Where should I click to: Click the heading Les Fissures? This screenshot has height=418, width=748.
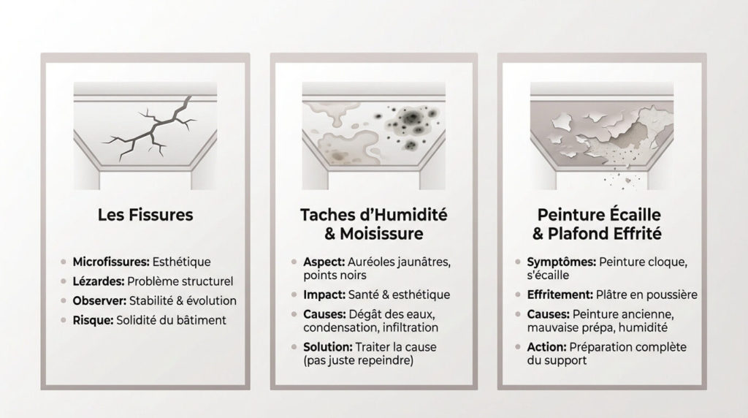[x=145, y=215]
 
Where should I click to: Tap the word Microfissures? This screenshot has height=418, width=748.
[x=111, y=262]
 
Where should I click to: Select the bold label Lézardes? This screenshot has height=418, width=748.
[x=99, y=281]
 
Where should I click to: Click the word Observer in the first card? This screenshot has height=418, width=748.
[x=99, y=300]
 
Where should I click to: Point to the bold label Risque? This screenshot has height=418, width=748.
[x=93, y=320]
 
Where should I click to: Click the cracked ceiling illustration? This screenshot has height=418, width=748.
[x=145, y=135]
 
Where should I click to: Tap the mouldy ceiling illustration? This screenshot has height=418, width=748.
[x=374, y=135]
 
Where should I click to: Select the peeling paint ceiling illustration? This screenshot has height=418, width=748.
[x=602, y=135]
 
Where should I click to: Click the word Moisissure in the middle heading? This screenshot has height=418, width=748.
[x=381, y=234]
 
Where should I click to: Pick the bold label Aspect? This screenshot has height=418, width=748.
[x=324, y=262]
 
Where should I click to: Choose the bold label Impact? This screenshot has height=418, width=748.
[x=324, y=295]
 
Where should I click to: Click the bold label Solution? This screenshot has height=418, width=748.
[x=328, y=347]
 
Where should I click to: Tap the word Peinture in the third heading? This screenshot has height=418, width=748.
[x=565, y=215]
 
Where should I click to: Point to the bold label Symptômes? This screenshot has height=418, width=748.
[x=562, y=262]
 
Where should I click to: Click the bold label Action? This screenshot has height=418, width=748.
[x=546, y=347]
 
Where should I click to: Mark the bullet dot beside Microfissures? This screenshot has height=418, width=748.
[x=64, y=262]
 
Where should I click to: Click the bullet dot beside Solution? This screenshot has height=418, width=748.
[x=294, y=347]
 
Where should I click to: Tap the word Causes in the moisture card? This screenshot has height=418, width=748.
[x=324, y=314]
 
